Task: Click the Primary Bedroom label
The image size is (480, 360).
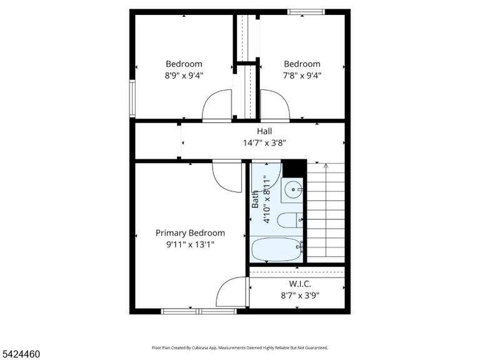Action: coord(190,233)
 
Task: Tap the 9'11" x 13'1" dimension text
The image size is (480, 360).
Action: coord(190,244)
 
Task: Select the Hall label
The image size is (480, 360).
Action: coord(264,131)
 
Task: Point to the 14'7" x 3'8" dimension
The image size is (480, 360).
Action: coord(264,142)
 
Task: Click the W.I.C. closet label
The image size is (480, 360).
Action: coord(300,284)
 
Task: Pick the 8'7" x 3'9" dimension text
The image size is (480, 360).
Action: coord(300,296)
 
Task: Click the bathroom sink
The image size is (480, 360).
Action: coord(293,190)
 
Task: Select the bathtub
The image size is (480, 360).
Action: coord(276,249)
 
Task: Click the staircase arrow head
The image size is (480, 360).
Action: coord(326,166)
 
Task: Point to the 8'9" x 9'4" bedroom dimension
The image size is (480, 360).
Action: coord(184,75)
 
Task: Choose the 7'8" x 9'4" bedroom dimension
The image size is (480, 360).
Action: coord(302,75)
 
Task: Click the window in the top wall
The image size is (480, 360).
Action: coord(306,12)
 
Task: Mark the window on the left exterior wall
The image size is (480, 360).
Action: coord(132,98)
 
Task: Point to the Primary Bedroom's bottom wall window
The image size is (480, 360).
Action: coord(199,311)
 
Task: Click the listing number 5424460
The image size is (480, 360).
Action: coord(20,354)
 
